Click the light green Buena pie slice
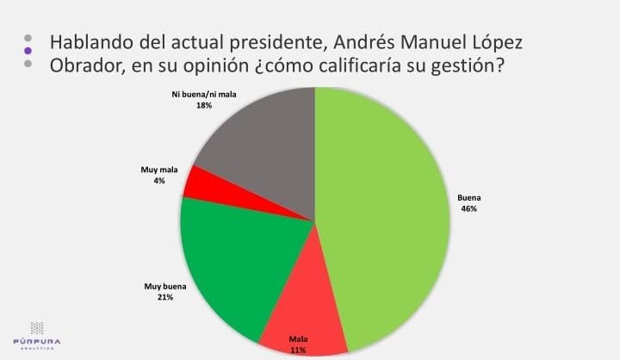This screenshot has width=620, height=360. [387, 215]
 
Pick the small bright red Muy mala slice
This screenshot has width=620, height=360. [197, 180]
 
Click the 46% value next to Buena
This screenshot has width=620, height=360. [468, 208]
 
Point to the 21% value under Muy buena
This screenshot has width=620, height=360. [165, 297]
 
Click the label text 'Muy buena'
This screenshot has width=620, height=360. [165, 286]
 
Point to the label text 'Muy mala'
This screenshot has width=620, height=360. [158, 171]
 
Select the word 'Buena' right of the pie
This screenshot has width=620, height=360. [468, 197]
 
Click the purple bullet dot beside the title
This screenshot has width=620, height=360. [28, 52]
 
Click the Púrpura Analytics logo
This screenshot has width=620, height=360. [37, 333]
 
